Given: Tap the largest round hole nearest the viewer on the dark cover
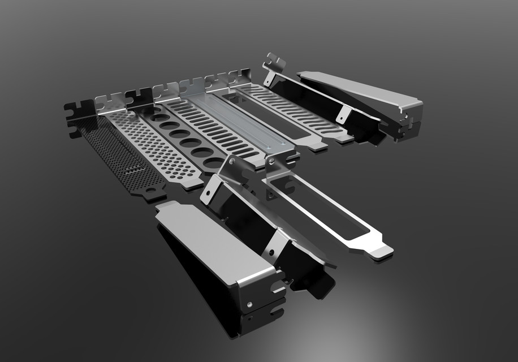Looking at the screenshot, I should (x=214, y=163).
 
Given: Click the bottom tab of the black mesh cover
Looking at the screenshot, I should (x=153, y=194).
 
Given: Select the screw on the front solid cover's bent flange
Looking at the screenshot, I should (x=249, y=305).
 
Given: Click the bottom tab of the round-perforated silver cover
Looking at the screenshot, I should (x=191, y=184).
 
